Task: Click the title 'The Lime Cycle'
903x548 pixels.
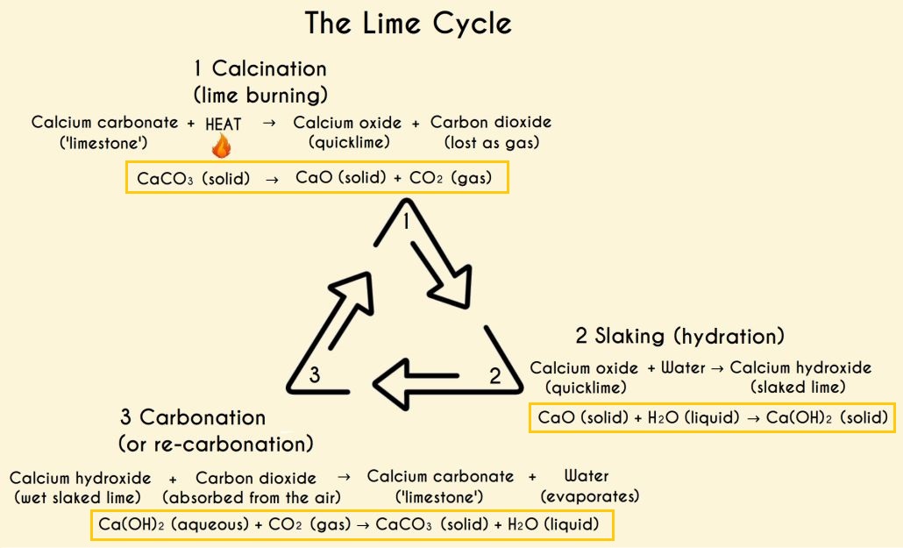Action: tap(408, 24)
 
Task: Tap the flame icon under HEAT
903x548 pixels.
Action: tap(222, 145)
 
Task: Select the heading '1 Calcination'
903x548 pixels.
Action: tap(260, 69)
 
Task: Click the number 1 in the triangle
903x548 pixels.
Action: tap(407, 223)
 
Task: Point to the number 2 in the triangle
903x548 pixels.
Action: tap(495, 377)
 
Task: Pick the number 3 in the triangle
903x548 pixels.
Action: tap(314, 376)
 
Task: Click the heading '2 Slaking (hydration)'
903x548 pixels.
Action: tap(679, 336)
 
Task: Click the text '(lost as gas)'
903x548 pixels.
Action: tap(491, 143)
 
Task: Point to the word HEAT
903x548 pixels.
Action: tap(223, 125)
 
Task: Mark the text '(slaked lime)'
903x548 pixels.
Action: tap(798, 387)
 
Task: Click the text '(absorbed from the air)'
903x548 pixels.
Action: tap(252, 498)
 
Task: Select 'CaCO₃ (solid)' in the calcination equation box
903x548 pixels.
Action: tap(194, 179)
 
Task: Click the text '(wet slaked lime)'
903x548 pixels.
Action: tap(80, 498)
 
